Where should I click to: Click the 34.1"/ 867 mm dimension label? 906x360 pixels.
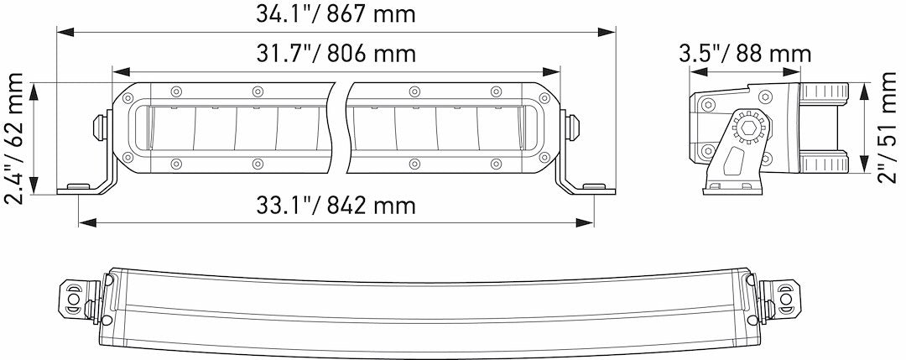336,14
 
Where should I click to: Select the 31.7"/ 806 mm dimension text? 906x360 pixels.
336,54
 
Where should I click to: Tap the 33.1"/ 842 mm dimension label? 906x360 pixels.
336,206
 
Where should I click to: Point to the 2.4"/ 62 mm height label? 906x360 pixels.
15,138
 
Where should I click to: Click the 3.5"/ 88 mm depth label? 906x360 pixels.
745,54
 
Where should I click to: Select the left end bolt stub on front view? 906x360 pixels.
98,126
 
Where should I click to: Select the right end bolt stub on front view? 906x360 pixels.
575,126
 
